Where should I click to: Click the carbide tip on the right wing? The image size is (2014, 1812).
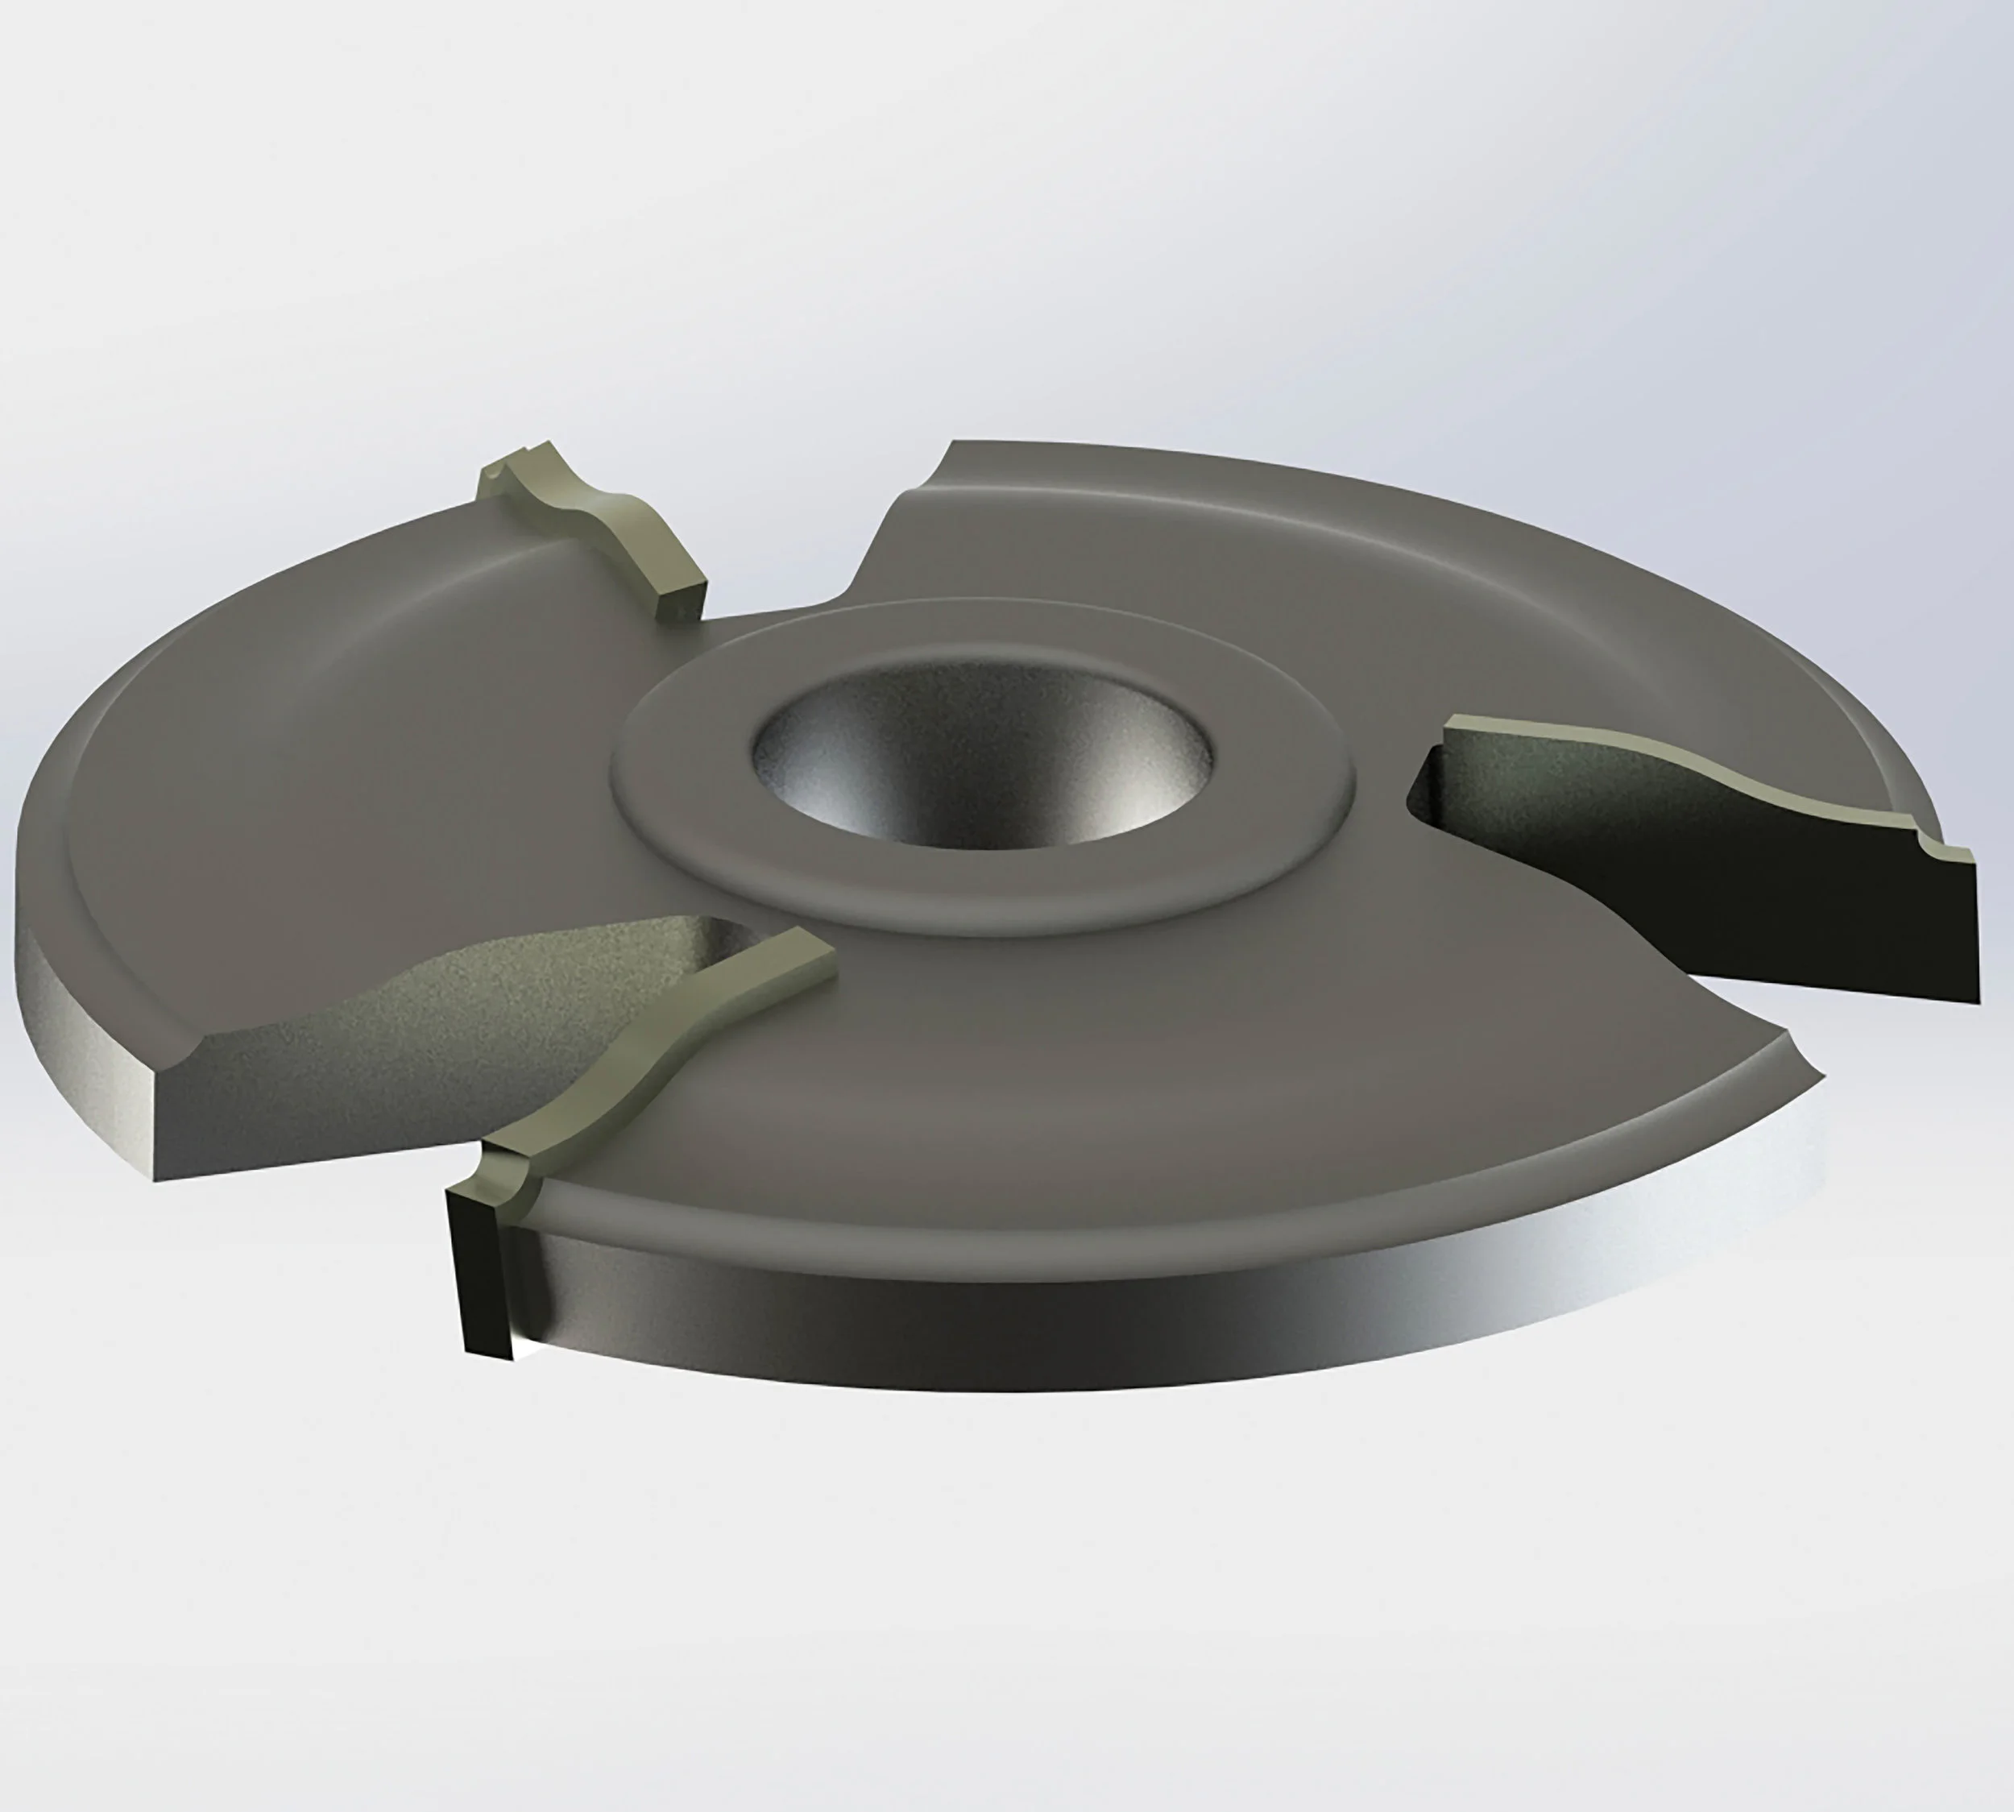1693,797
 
